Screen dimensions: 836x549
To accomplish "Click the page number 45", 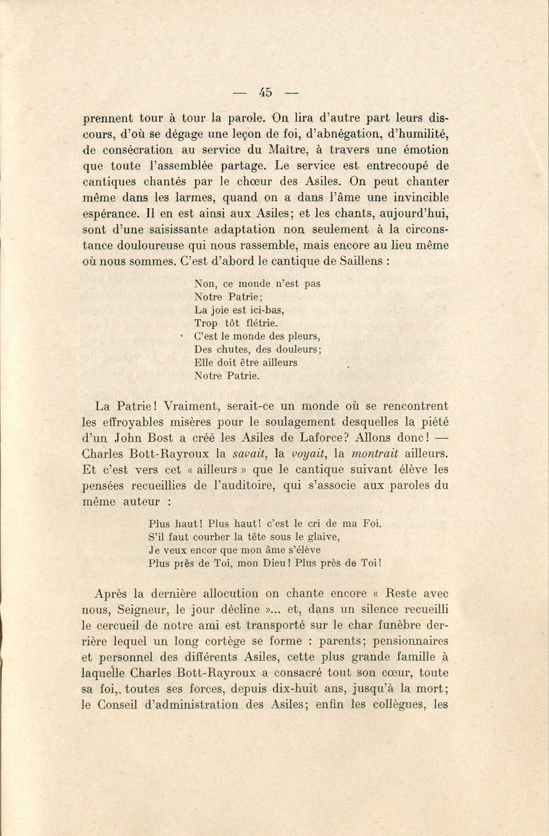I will (x=264, y=91).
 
